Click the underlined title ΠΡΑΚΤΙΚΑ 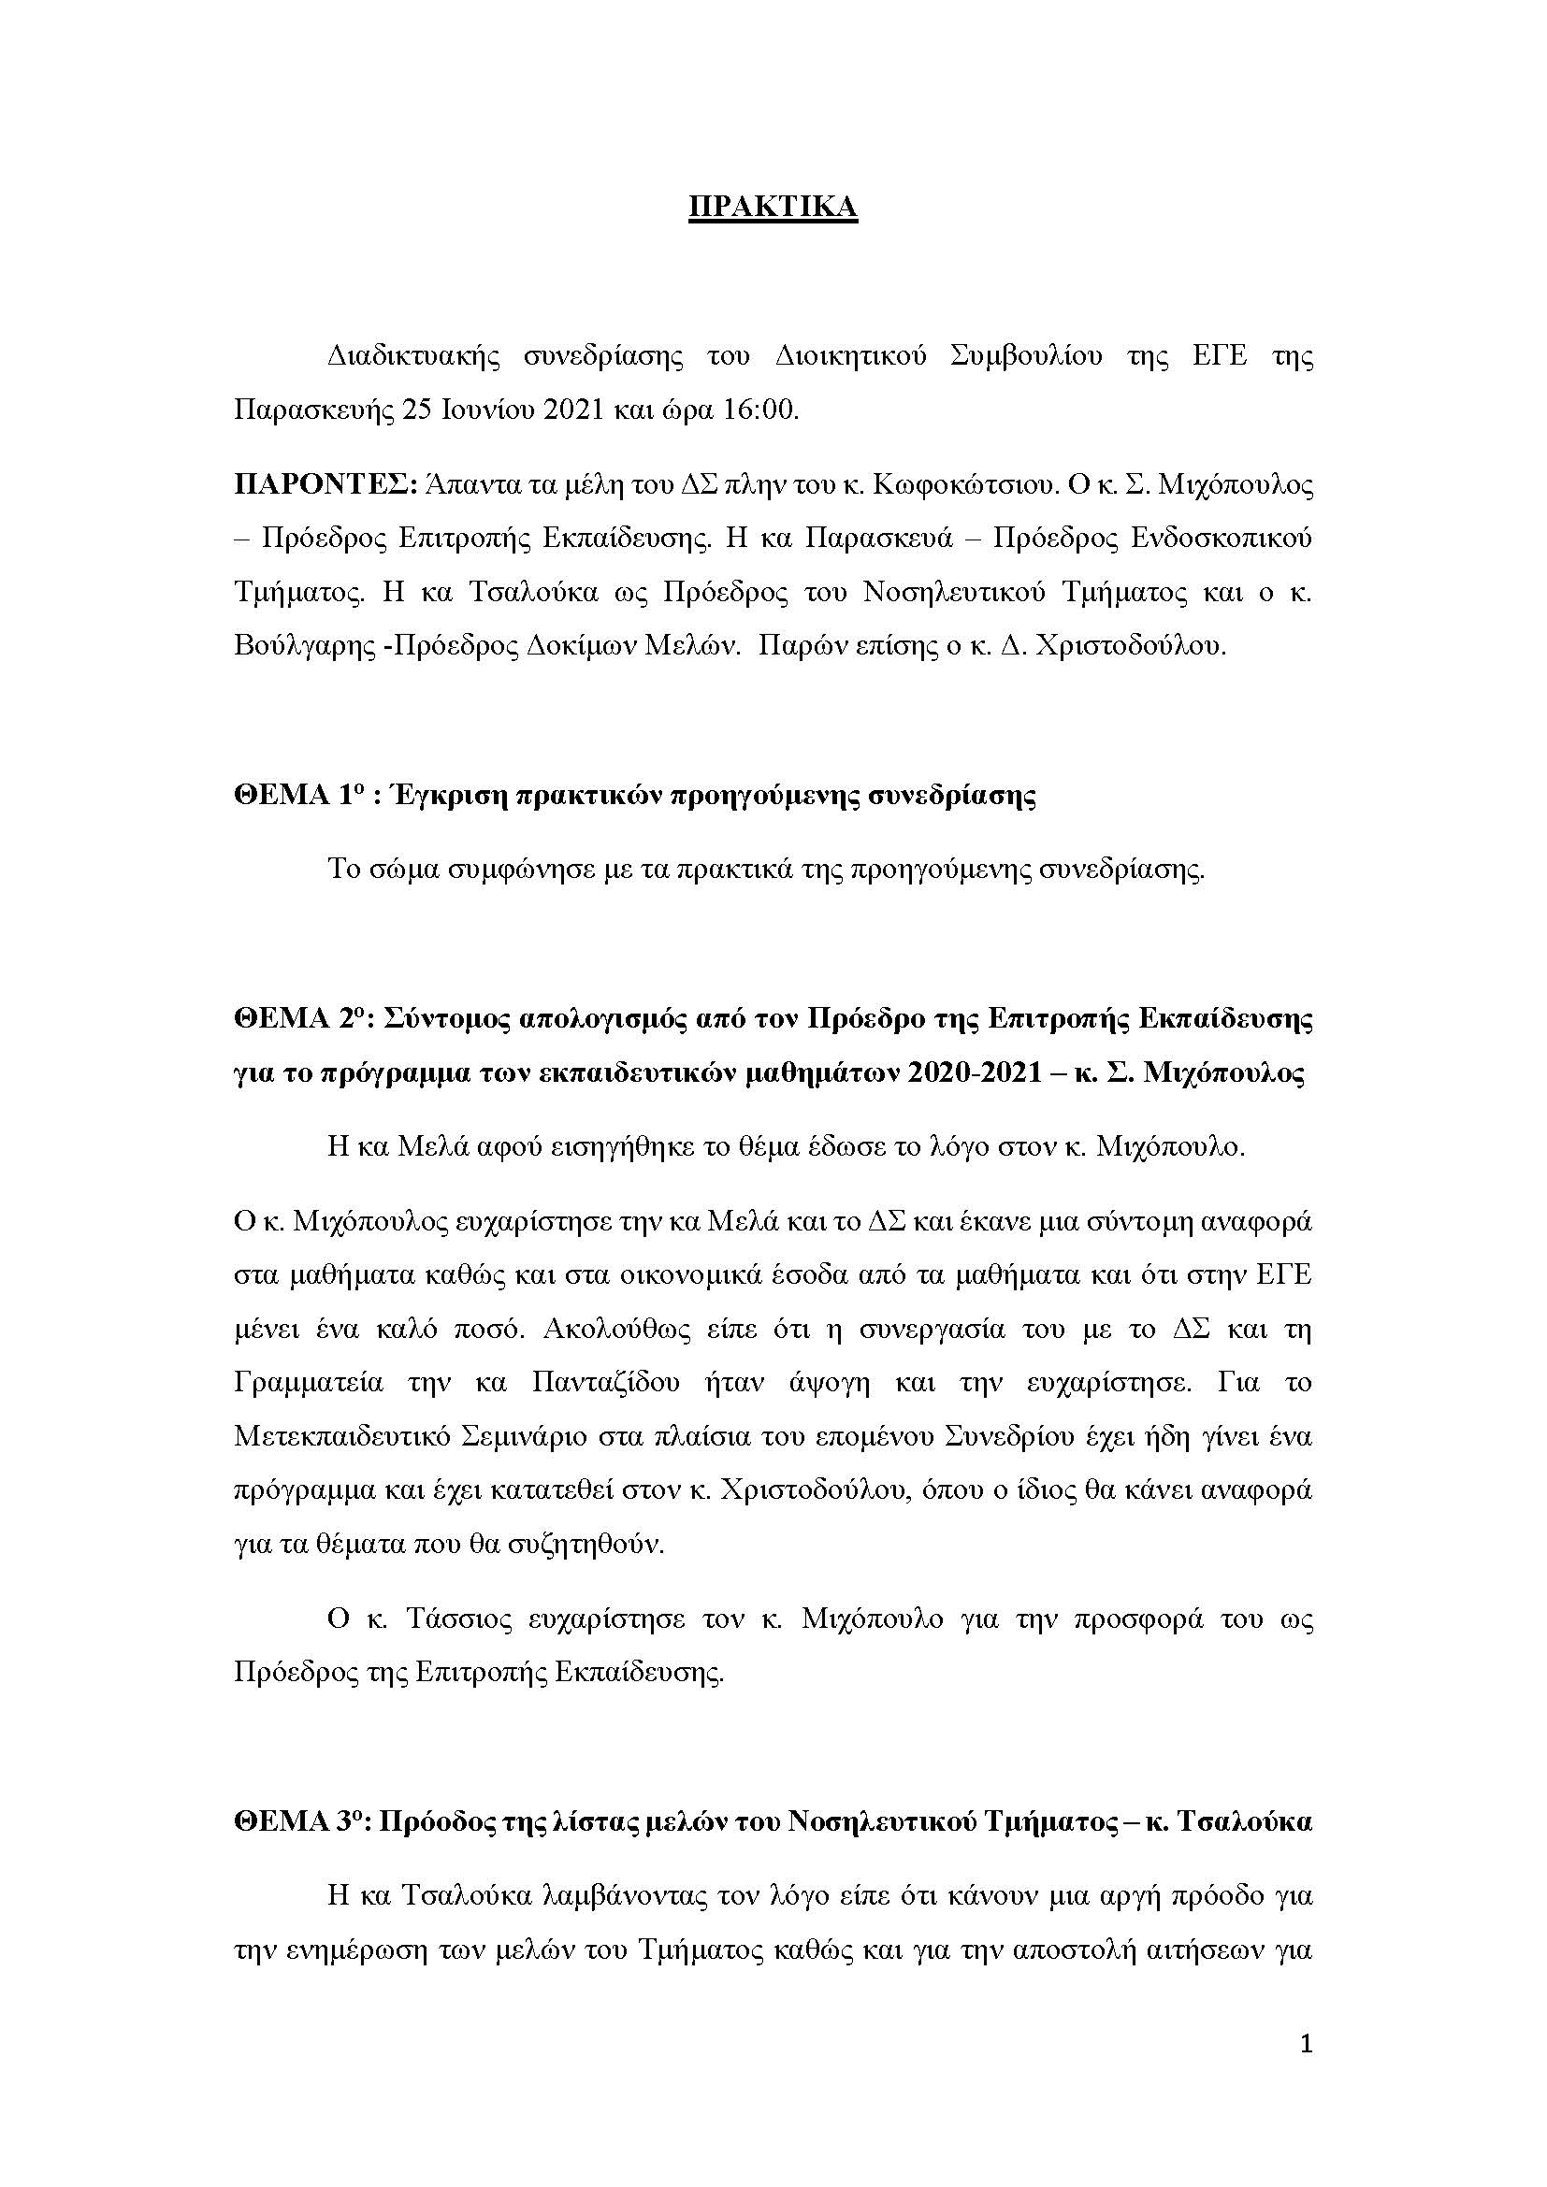pos(773,208)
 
